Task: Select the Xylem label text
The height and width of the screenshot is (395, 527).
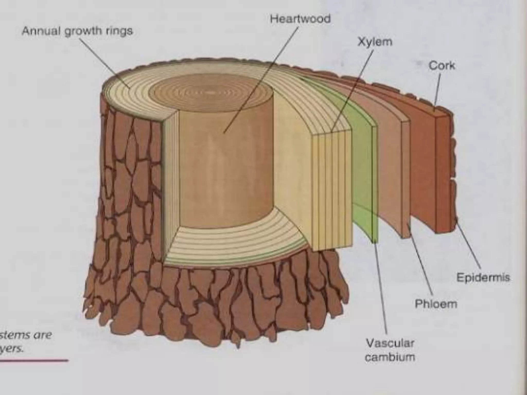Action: [375, 42]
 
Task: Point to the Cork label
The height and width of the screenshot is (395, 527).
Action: [442, 66]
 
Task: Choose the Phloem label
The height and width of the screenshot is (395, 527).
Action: [436, 304]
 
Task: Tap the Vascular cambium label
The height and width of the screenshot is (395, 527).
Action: [390, 350]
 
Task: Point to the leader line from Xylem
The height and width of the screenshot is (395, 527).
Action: [353, 90]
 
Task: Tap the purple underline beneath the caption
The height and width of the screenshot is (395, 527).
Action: [33, 361]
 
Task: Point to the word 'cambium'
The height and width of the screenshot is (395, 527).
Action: [390, 357]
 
